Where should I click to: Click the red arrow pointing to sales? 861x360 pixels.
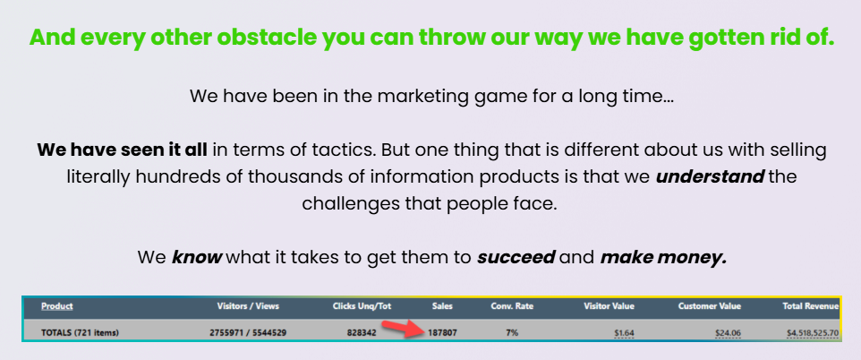coord(403,328)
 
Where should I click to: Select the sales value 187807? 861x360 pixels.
coord(441,332)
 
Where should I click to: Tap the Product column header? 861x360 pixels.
coord(57,306)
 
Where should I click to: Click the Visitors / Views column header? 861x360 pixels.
coord(248,306)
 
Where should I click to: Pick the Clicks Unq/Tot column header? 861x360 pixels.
coord(362,306)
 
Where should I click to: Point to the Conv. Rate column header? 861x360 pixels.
coord(512,306)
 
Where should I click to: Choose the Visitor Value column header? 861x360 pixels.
coord(609,306)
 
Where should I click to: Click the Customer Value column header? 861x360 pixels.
coord(710,306)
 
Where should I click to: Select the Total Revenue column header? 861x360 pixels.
coord(811,306)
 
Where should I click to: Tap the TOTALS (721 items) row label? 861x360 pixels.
coord(81,332)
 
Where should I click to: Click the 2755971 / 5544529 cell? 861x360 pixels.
coord(248,332)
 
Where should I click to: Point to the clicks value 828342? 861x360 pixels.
coord(362,332)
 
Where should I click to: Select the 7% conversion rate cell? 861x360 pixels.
coord(512,332)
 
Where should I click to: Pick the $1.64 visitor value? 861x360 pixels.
coord(625,332)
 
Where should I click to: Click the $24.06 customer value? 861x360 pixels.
coord(729,332)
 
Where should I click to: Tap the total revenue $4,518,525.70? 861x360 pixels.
coord(813,332)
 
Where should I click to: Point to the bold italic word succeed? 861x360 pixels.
coord(516,257)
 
